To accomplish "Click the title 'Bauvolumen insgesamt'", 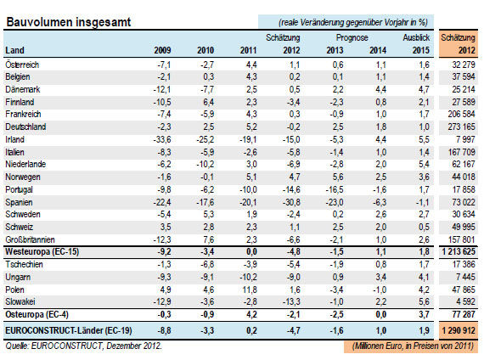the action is pos(69,22).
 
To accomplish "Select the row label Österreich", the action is pos(22,65).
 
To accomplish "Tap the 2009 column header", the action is pos(162,50).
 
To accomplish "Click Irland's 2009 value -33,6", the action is pos(162,139).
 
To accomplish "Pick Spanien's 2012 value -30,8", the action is pos(291,203).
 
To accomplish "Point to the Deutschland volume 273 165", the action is pos(461,127).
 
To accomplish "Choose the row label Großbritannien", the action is pos(30,240).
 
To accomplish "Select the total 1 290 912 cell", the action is pos(459,330).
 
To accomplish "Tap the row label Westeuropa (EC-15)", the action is pos(42,252).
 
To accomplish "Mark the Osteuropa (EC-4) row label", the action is pos(37,315).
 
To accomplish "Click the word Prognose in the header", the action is pos(352,37).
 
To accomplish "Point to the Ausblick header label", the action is pos(416,37).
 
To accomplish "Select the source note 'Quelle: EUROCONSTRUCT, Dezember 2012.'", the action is pos(84,346).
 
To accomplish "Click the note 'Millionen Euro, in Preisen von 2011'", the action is pos(413,346).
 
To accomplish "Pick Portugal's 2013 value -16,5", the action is pos(335,189).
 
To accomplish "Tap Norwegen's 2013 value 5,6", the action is pos(338,177).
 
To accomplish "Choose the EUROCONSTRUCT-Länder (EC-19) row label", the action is pos(69,330).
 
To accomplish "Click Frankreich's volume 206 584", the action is pos(461,115).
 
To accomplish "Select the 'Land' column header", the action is pos(14,50).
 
